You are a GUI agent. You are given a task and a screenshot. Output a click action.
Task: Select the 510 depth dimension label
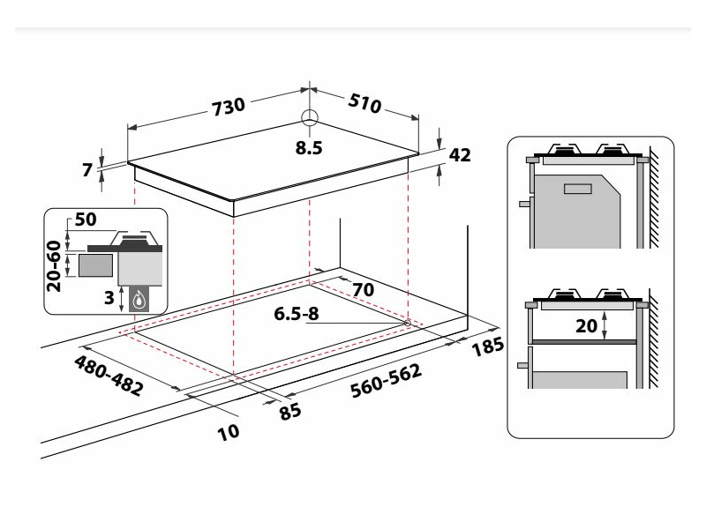tap(363, 102)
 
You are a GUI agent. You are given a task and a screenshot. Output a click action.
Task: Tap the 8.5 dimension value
tap(309, 148)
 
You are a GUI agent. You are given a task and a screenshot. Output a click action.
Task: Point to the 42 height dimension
tap(460, 155)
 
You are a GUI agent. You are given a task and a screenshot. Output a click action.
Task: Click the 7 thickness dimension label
tap(87, 170)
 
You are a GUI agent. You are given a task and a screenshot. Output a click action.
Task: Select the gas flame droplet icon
tap(138, 299)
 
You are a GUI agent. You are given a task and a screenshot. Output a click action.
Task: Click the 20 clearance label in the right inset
tap(585, 324)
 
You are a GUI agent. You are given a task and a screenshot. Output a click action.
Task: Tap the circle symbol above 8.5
tap(309, 118)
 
